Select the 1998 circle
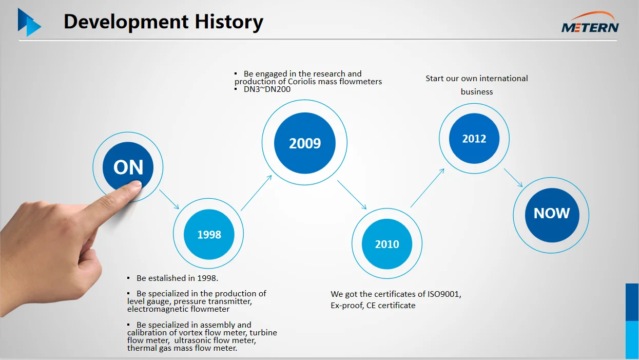click(x=208, y=234)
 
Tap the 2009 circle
click(x=305, y=143)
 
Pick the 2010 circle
click(x=387, y=243)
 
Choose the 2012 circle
click(x=474, y=139)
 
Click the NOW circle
click(x=551, y=215)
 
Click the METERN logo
click(x=590, y=22)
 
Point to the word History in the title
click(x=229, y=22)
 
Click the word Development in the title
click(x=126, y=22)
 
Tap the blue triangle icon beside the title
click(x=29, y=22)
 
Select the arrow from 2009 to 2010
click(x=352, y=195)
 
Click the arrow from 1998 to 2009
click(x=256, y=193)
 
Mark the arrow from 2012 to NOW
click(x=513, y=178)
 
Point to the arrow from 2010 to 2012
click(x=428, y=188)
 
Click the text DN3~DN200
click(x=267, y=89)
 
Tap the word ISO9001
click(x=443, y=294)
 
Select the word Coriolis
click(x=302, y=82)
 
